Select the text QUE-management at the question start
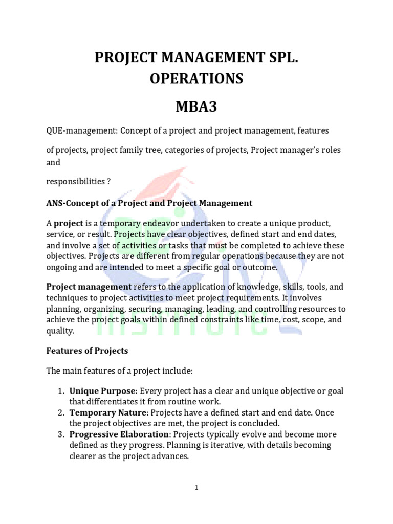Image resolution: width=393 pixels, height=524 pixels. (x=81, y=131)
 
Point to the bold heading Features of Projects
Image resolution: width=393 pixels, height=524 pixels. (x=87, y=351)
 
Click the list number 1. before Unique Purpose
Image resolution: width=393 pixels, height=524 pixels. (x=60, y=391)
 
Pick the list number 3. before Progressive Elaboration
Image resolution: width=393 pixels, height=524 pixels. (x=60, y=434)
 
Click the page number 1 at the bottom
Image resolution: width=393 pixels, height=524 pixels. (x=196, y=488)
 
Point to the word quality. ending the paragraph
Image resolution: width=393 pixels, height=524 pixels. (x=60, y=331)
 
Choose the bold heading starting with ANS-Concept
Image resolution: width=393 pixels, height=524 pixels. (x=149, y=203)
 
